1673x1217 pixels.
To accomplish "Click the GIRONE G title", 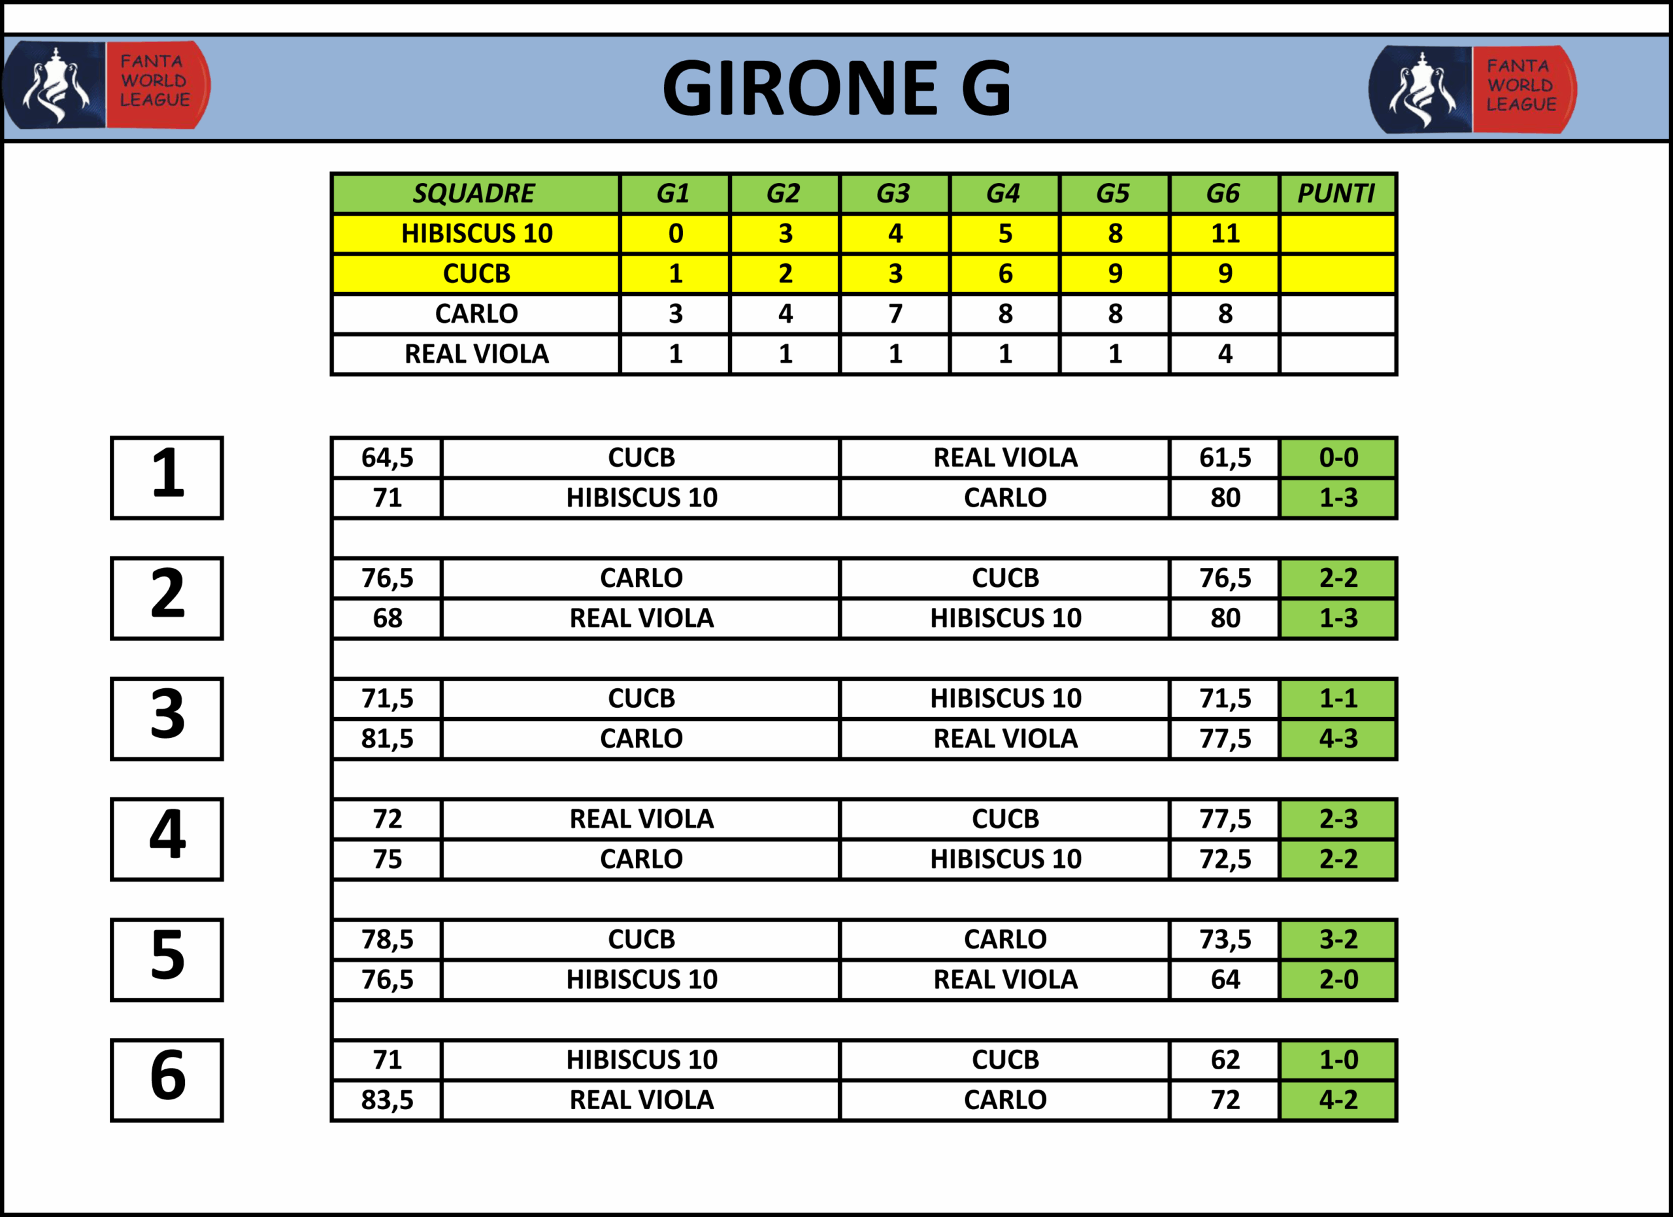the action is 836,88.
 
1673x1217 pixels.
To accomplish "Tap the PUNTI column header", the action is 1336,193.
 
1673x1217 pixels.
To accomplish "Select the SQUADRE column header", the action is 474,193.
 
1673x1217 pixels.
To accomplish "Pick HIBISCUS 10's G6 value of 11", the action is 1225,234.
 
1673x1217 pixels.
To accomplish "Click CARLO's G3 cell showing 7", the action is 895,314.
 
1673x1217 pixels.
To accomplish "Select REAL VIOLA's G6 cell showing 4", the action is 1225,354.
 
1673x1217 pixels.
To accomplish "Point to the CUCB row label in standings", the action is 476,274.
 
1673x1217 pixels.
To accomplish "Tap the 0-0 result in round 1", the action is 1338,458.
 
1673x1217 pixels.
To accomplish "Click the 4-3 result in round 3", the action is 1338,739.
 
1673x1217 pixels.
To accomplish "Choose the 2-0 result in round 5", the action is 1338,980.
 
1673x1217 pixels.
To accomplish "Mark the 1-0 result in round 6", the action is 1338,1060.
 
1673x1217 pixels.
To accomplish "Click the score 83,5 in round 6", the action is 388,1100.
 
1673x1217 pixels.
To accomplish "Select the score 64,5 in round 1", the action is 388,458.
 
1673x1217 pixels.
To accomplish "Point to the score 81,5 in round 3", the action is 388,739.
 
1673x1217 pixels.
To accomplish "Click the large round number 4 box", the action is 167,839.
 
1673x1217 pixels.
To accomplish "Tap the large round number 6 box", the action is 167,1080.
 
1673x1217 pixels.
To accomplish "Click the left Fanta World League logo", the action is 107,86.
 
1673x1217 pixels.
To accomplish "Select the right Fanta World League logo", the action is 1472,90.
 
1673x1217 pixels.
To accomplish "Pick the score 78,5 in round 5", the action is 388,940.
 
